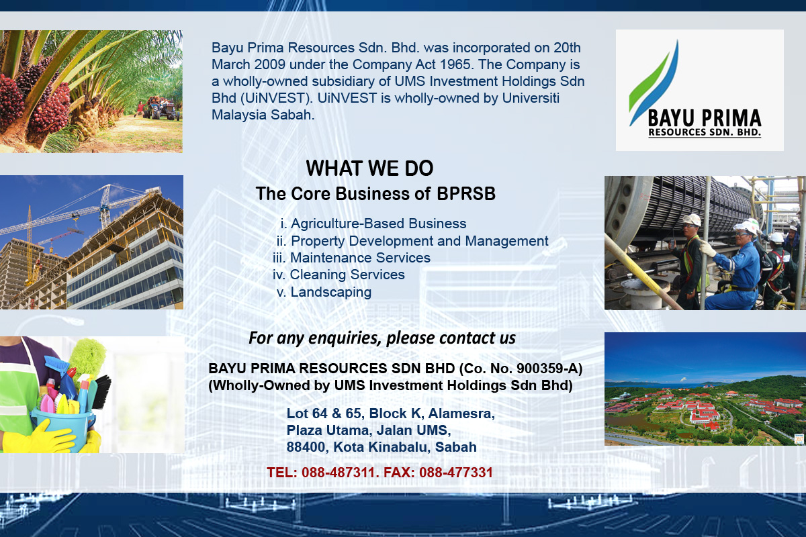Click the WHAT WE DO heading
click(369, 168)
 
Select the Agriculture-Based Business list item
click(373, 224)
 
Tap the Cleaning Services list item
click(339, 275)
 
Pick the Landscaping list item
click(324, 292)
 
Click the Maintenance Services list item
click(351, 258)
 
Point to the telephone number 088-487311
click(339, 473)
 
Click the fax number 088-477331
click(456, 473)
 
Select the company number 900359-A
click(547, 369)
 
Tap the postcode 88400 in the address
click(306, 447)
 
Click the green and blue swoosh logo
click(653, 83)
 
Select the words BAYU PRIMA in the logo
click(705, 118)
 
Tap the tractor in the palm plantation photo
click(161, 108)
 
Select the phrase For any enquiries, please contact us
click(382, 338)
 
